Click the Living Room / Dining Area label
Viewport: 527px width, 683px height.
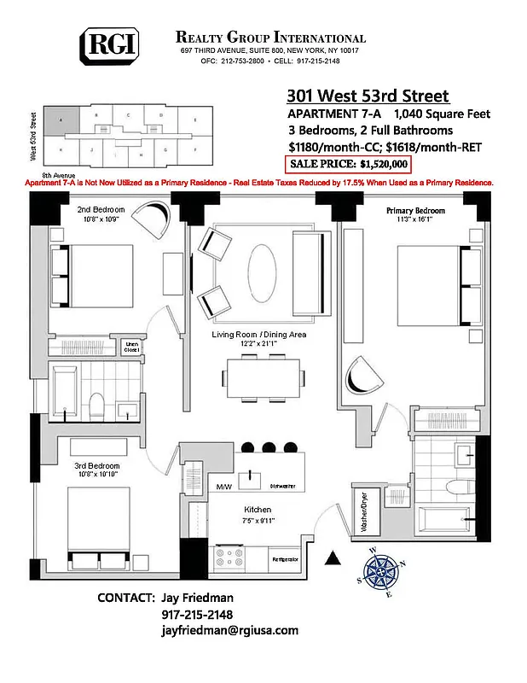(x=258, y=336)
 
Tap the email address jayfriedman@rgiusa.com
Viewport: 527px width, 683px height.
(x=229, y=630)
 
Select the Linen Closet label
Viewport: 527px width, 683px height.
(x=132, y=347)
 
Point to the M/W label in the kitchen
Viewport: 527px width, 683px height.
(x=223, y=487)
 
